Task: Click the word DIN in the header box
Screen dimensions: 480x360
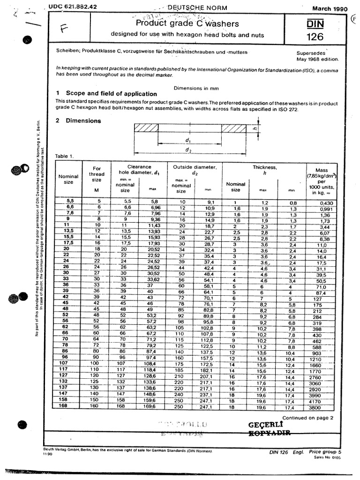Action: (316, 23)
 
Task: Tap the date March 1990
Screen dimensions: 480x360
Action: (330, 8)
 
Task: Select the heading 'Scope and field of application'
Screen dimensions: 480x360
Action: (111, 93)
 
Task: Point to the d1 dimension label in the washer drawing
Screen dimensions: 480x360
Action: (187, 140)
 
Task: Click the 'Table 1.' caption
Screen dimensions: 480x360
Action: (65, 156)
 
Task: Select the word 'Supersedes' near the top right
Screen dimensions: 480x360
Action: (311, 53)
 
